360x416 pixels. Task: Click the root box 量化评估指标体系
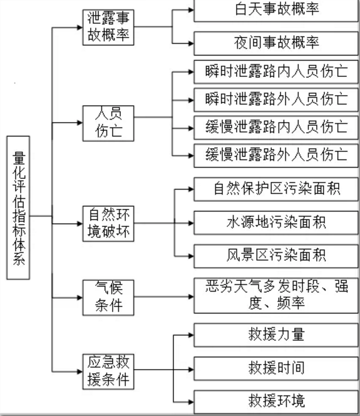18,208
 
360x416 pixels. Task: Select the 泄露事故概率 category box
108,28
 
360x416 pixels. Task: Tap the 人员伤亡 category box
108,123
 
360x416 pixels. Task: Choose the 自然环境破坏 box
108,224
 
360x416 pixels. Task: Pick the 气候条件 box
108,297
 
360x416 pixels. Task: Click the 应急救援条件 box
108,372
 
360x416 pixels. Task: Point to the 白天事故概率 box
276,11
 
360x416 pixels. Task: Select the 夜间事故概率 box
276,44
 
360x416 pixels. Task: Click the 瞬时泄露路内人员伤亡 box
276,72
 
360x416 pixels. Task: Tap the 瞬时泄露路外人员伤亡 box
276,100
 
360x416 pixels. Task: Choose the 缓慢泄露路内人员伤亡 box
276,128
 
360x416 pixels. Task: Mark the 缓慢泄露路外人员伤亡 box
276,156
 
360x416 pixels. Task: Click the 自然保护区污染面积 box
276,189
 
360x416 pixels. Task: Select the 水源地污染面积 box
276,223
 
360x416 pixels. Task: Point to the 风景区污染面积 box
276,256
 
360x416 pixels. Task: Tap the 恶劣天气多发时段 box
276,295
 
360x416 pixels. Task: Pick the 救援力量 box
276,335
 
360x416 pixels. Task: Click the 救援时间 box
276,369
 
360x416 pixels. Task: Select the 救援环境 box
276,402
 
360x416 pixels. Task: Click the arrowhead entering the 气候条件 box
80,298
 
